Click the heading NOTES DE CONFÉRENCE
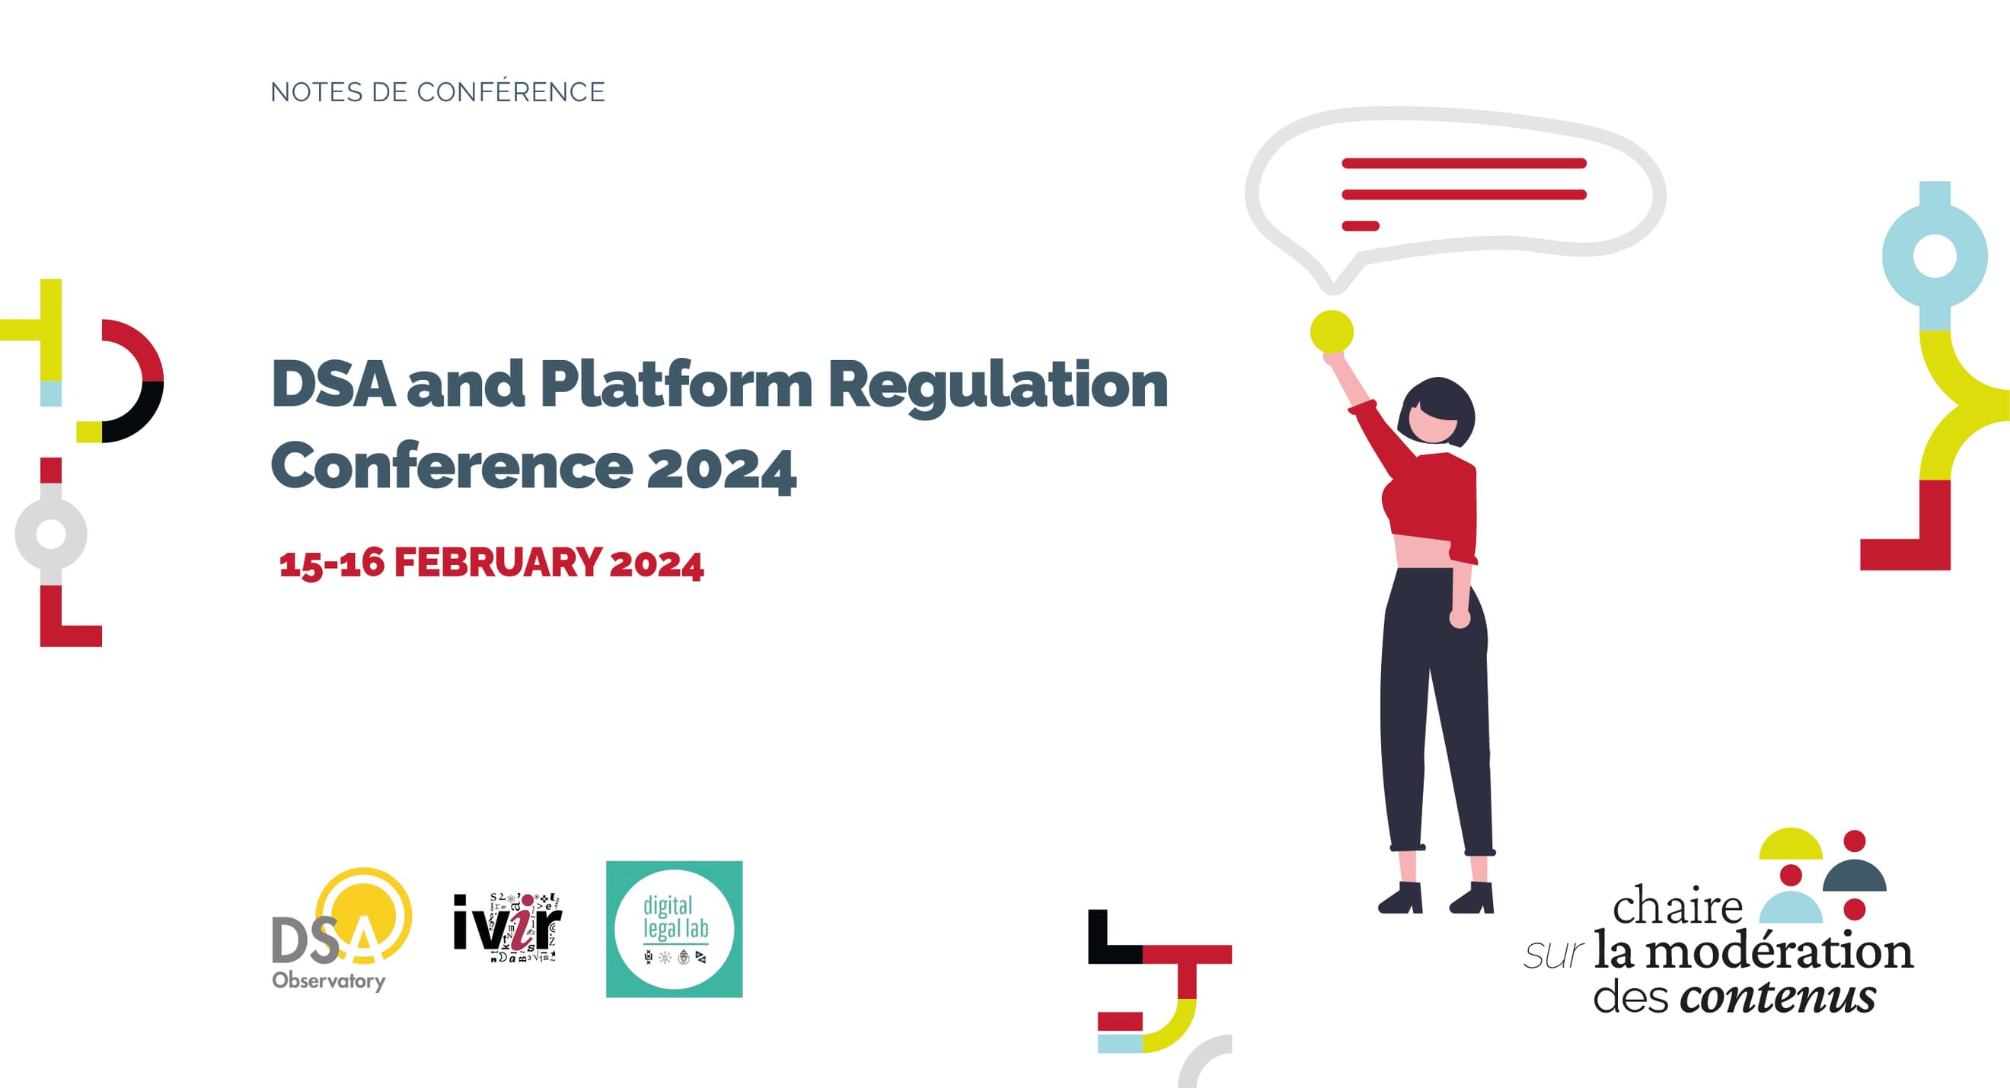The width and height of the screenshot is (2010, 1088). click(x=437, y=92)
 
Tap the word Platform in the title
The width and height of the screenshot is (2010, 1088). click(x=676, y=384)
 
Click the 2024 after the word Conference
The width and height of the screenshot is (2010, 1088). click(x=721, y=468)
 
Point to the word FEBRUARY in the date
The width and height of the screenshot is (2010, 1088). click(x=497, y=563)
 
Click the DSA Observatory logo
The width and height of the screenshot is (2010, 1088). click(x=342, y=930)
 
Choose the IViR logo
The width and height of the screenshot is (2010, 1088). click(x=507, y=927)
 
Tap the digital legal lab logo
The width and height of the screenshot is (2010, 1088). click(x=674, y=929)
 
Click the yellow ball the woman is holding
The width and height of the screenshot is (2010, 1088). click(x=1331, y=331)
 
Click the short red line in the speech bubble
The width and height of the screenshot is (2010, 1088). click(x=1360, y=226)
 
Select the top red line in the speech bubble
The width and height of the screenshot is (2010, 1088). click(x=1464, y=163)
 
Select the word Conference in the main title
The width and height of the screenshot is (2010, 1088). click(x=451, y=467)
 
